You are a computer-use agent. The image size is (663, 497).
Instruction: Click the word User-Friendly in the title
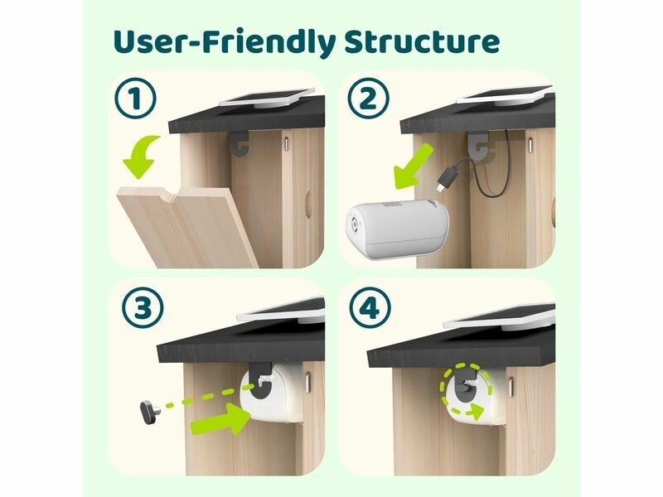point(225,42)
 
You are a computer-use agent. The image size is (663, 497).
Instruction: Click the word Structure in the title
point(422,41)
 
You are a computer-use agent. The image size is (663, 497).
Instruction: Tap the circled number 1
point(135,98)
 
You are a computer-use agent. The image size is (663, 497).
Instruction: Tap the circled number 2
point(368,99)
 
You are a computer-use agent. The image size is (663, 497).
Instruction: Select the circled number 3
point(143,307)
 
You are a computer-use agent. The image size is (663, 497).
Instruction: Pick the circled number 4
point(370,307)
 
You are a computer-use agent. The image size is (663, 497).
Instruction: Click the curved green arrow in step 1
point(142,157)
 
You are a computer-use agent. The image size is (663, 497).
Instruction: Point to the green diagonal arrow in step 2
point(413,167)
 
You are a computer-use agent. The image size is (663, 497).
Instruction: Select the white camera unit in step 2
point(397,229)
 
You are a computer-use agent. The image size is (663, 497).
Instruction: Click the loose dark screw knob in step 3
point(149,412)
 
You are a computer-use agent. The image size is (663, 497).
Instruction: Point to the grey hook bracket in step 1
point(240,143)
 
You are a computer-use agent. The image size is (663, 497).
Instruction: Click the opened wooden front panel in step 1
point(186,227)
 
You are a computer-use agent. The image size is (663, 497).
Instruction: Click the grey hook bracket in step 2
point(477,142)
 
